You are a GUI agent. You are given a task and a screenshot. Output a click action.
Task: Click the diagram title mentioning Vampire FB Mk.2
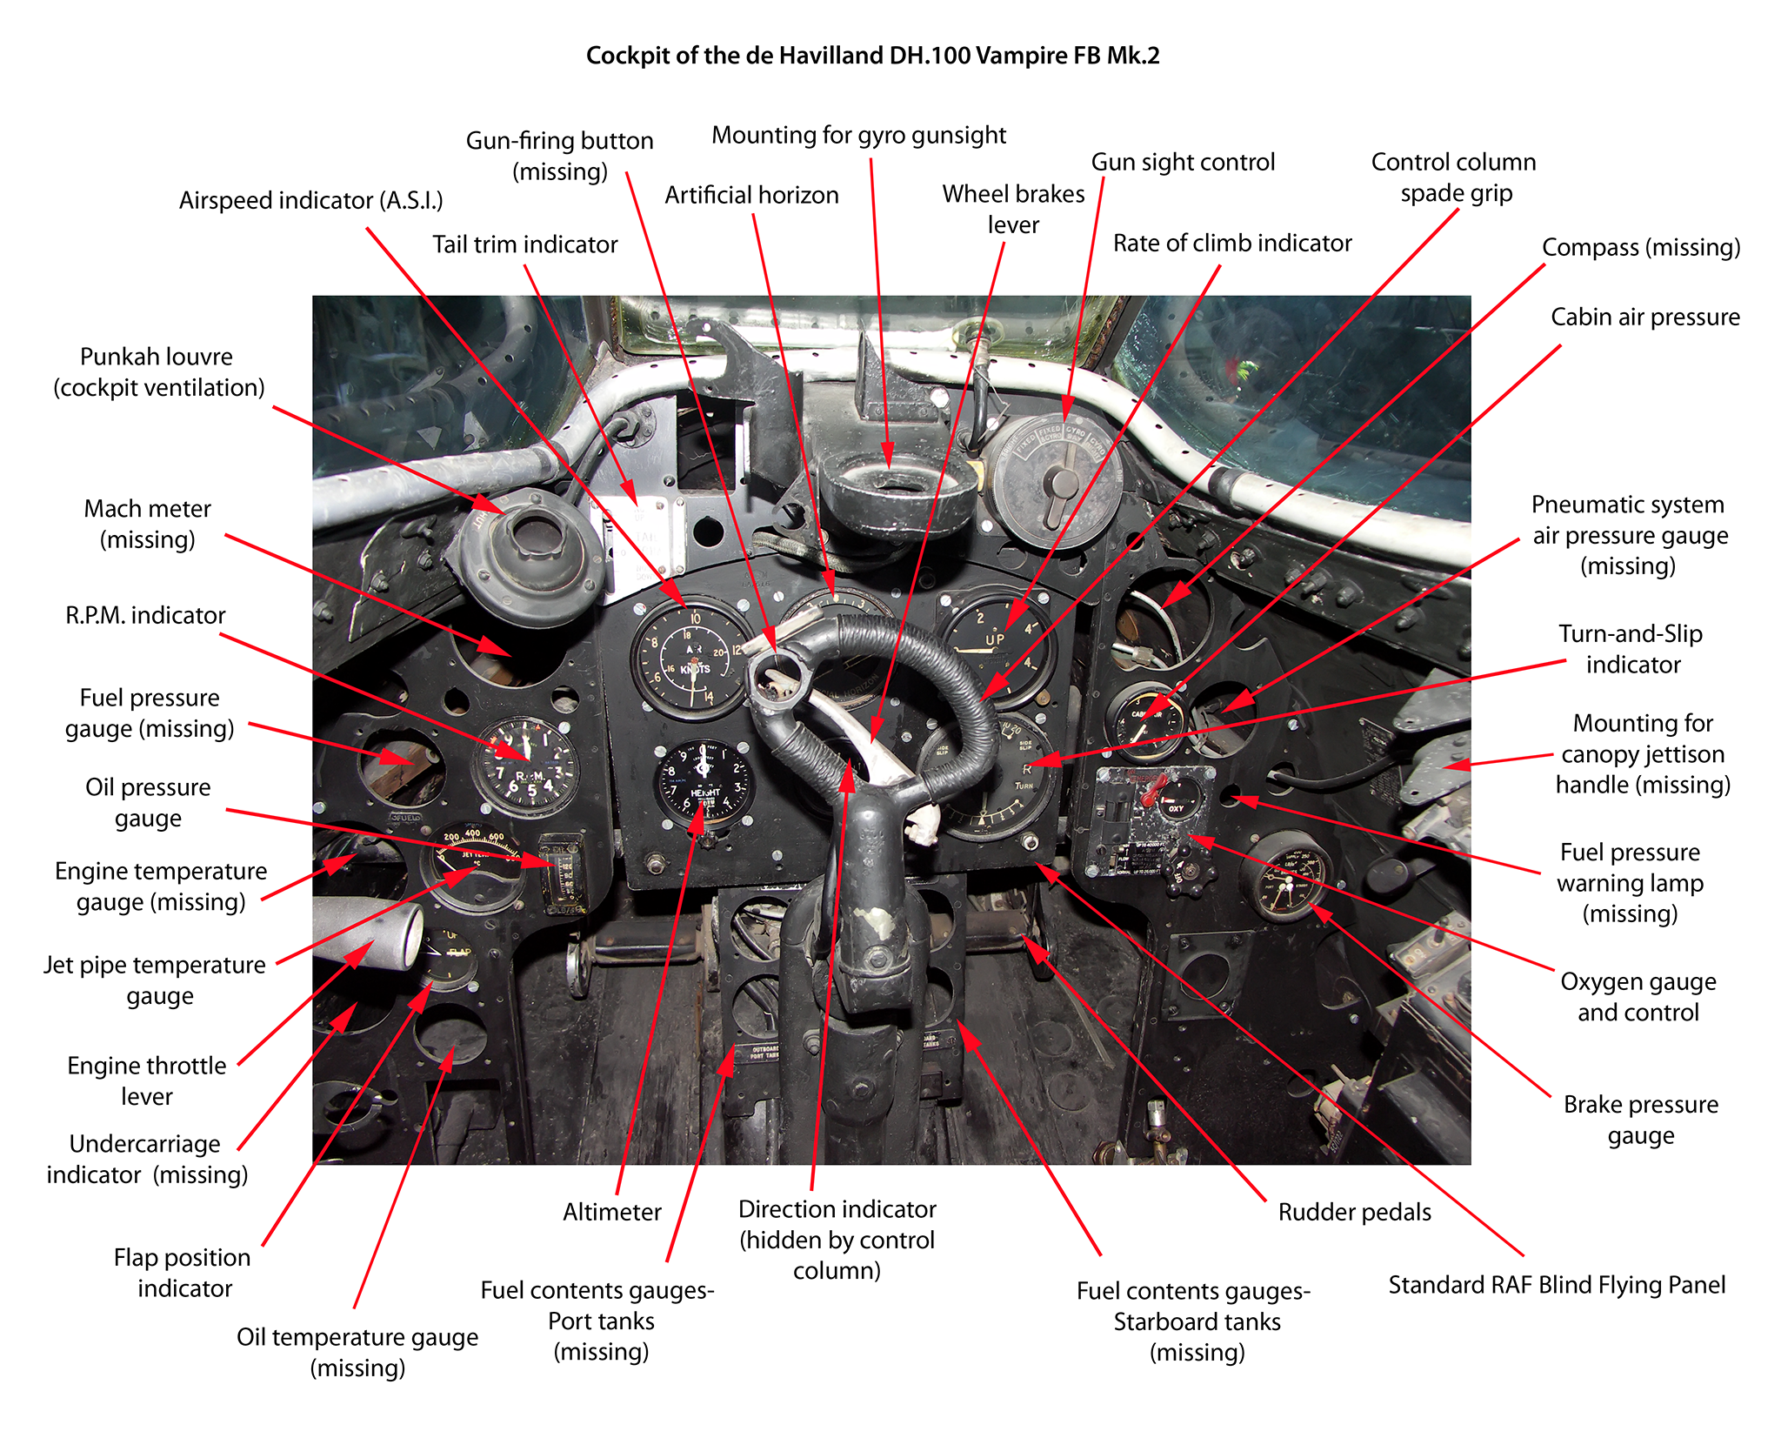pos(872,56)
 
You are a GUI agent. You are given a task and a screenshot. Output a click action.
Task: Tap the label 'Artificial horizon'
pos(751,195)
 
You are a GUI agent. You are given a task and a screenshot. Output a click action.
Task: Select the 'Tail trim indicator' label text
pos(524,244)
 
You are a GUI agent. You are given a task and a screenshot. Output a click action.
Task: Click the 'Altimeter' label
pos(611,1212)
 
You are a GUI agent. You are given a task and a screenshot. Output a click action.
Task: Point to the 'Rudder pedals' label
pos(1354,1212)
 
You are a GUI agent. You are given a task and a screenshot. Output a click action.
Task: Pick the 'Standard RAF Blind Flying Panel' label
pos(1557,1285)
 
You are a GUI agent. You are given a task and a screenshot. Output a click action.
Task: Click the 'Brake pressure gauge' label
pos(1640,1120)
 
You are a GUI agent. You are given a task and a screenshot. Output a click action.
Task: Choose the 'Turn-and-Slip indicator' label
pos(1631,649)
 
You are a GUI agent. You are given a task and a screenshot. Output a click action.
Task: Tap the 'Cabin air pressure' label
pos(1645,317)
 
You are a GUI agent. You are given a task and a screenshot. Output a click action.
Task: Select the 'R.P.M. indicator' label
pos(145,615)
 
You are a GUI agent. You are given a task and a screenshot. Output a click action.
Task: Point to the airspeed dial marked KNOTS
pos(693,659)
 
